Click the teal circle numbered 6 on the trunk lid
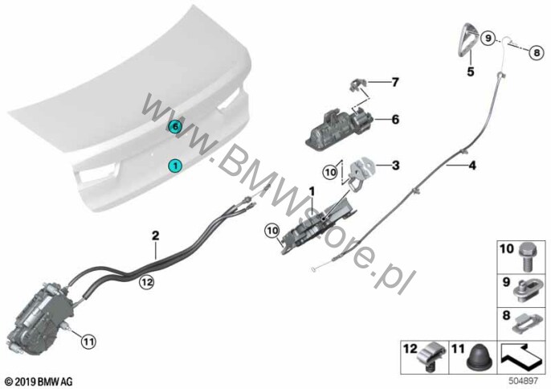pyautogui.click(x=175, y=126)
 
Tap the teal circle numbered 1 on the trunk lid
pyautogui.click(x=175, y=166)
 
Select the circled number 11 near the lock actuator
pyautogui.click(x=88, y=341)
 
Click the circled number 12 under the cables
pyautogui.click(x=146, y=282)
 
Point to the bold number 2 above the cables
pyautogui.click(x=155, y=235)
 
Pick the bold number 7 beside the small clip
pyautogui.click(x=395, y=82)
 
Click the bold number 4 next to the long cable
pyautogui.click(x=472, y=165)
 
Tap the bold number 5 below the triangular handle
pyautogui.click(x=471, y=72)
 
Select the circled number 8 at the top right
pyautogui.click(x=537, y=53)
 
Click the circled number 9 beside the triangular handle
pyautogui.click(x=488, y=38)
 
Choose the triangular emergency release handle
pyautogui.click(x=467, y=39)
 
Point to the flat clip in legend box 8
pyautogui.click(x=527, y=324)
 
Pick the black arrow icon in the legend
pyautogui.click(x=521, y=358)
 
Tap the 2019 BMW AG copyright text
pyautogui.click(x=39, y=381)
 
